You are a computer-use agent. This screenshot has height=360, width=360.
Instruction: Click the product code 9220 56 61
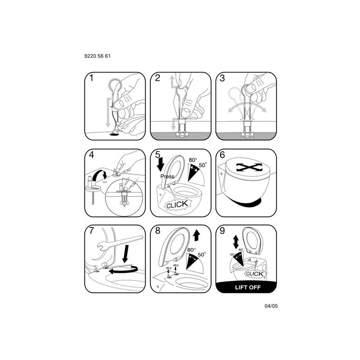tap(97, 56)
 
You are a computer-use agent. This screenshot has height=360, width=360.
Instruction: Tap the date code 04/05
tap(271, 306)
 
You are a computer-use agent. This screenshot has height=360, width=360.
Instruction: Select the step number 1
tap(91, 78)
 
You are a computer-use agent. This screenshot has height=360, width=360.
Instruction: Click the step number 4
tap(91, 155)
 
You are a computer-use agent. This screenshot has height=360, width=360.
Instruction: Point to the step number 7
tap(91, 231)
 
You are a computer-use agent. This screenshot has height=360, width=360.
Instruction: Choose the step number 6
tap(222, 155)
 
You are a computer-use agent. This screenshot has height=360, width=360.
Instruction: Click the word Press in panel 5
tap(167, 177)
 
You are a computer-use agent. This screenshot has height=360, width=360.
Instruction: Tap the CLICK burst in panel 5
tap(177, 204)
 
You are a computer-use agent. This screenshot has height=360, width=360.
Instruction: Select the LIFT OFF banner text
tap(248, 287)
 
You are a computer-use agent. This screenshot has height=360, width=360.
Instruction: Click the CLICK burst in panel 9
tap(254, 274)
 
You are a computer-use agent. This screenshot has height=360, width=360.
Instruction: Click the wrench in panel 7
tap(119, 243)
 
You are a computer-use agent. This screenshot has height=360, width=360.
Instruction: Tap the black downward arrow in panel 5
tap(161, 164)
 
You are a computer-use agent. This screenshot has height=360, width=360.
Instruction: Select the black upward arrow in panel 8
tap(197, 235)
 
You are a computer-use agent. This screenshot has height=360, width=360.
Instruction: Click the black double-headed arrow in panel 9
tap(236, 242)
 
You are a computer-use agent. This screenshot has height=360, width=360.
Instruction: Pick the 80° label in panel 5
tap(193, 160)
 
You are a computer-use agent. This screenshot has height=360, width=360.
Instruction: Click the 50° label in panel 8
tap(202, 254)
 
